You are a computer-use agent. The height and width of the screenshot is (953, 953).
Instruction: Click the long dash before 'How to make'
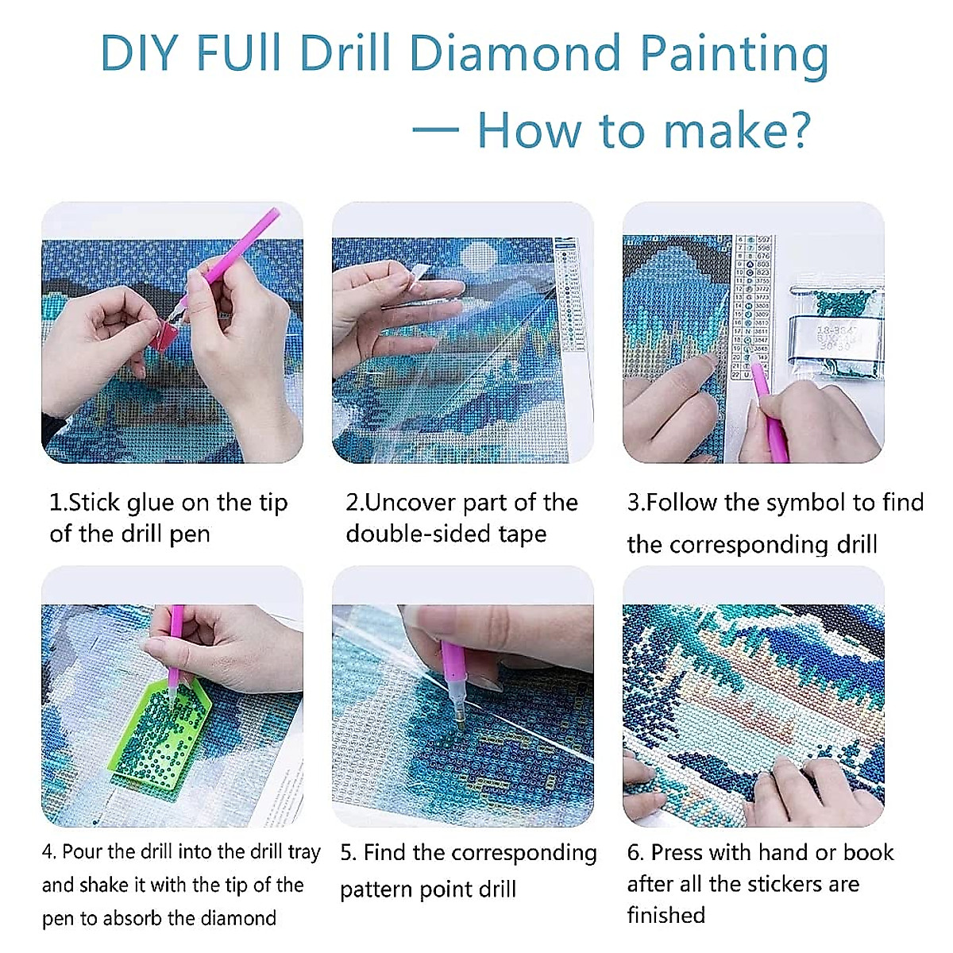[436, 130]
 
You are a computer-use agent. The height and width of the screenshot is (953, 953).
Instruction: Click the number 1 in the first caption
[55, 503]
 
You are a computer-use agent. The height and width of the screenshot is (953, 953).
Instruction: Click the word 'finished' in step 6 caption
[666, 915]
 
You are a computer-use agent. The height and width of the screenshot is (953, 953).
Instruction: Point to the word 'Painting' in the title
[734, 54]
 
